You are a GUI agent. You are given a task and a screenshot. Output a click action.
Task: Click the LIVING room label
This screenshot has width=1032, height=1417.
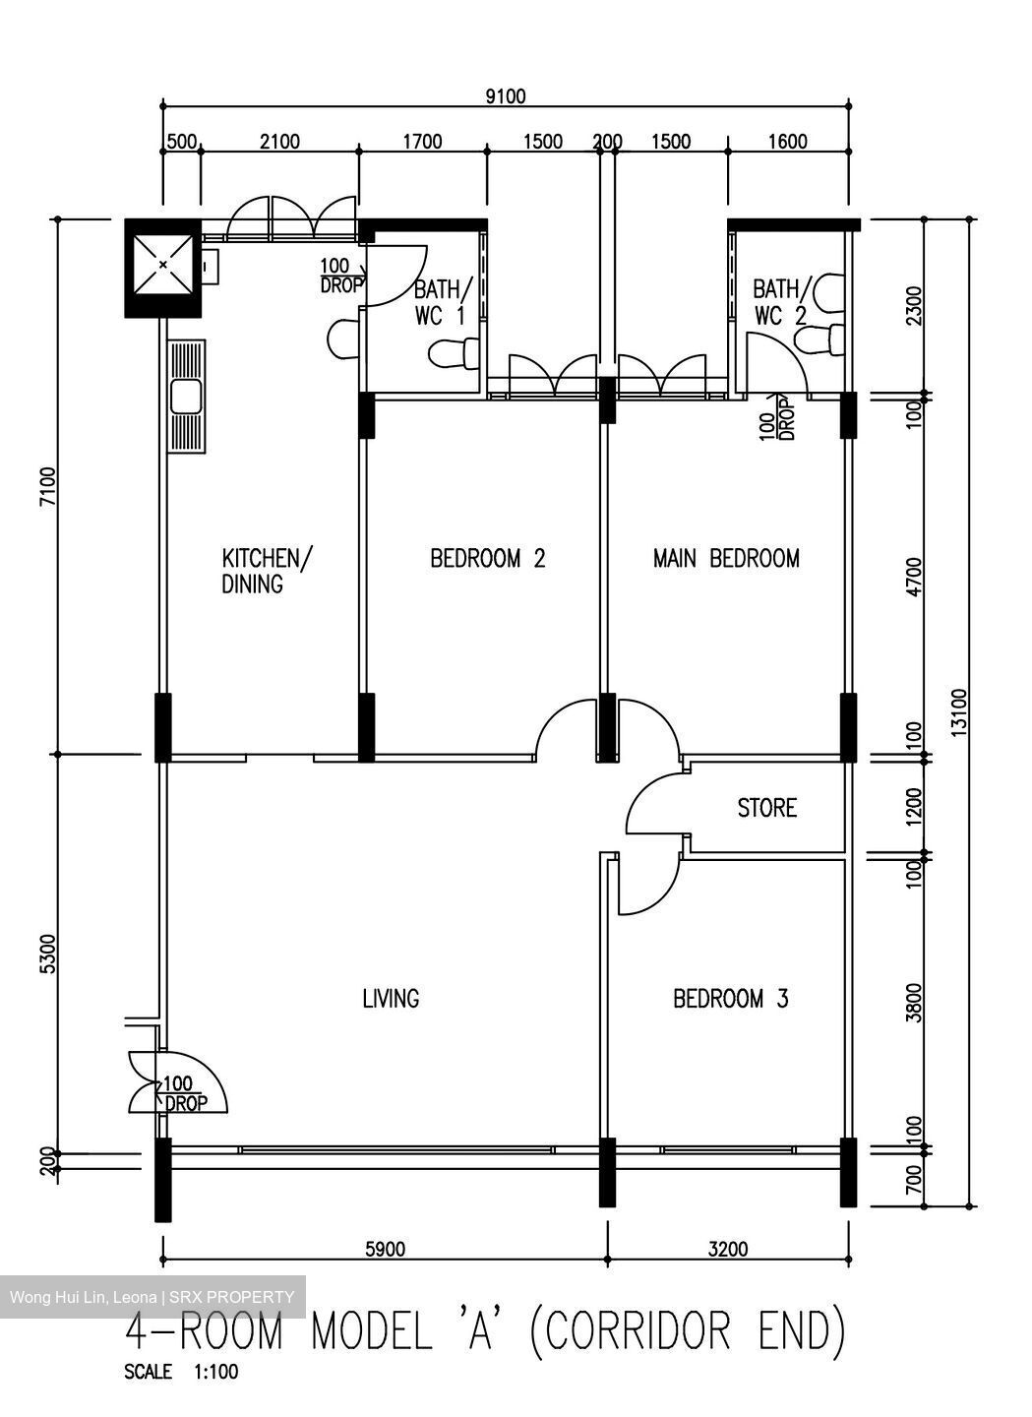pos(391,999)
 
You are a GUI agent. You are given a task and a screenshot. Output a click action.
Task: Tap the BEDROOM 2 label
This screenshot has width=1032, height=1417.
pos(487,559)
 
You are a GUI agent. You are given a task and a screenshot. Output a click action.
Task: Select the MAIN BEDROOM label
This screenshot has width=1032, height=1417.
pos(726,559)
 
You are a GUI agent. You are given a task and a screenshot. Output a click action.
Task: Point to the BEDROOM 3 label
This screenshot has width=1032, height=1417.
pos(730,999)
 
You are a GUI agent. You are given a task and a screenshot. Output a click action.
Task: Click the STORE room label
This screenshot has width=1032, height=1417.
pos(766,808)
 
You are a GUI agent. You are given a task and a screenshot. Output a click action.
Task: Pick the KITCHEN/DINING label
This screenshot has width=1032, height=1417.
pos(266,571)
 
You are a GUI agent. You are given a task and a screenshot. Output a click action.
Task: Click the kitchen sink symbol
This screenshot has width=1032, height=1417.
pos(186,397)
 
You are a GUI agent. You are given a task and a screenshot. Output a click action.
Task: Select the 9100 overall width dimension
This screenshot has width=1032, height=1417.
pos(506,95)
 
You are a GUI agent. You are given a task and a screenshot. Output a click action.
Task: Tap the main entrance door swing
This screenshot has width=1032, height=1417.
pos(182,1082)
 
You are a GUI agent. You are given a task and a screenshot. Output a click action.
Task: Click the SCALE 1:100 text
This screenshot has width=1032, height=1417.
pos(180,1372)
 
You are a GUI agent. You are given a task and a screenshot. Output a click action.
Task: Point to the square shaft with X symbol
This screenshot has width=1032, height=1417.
pos(162,266)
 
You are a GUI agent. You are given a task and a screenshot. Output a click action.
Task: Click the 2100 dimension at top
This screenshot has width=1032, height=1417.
pos(279,142)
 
